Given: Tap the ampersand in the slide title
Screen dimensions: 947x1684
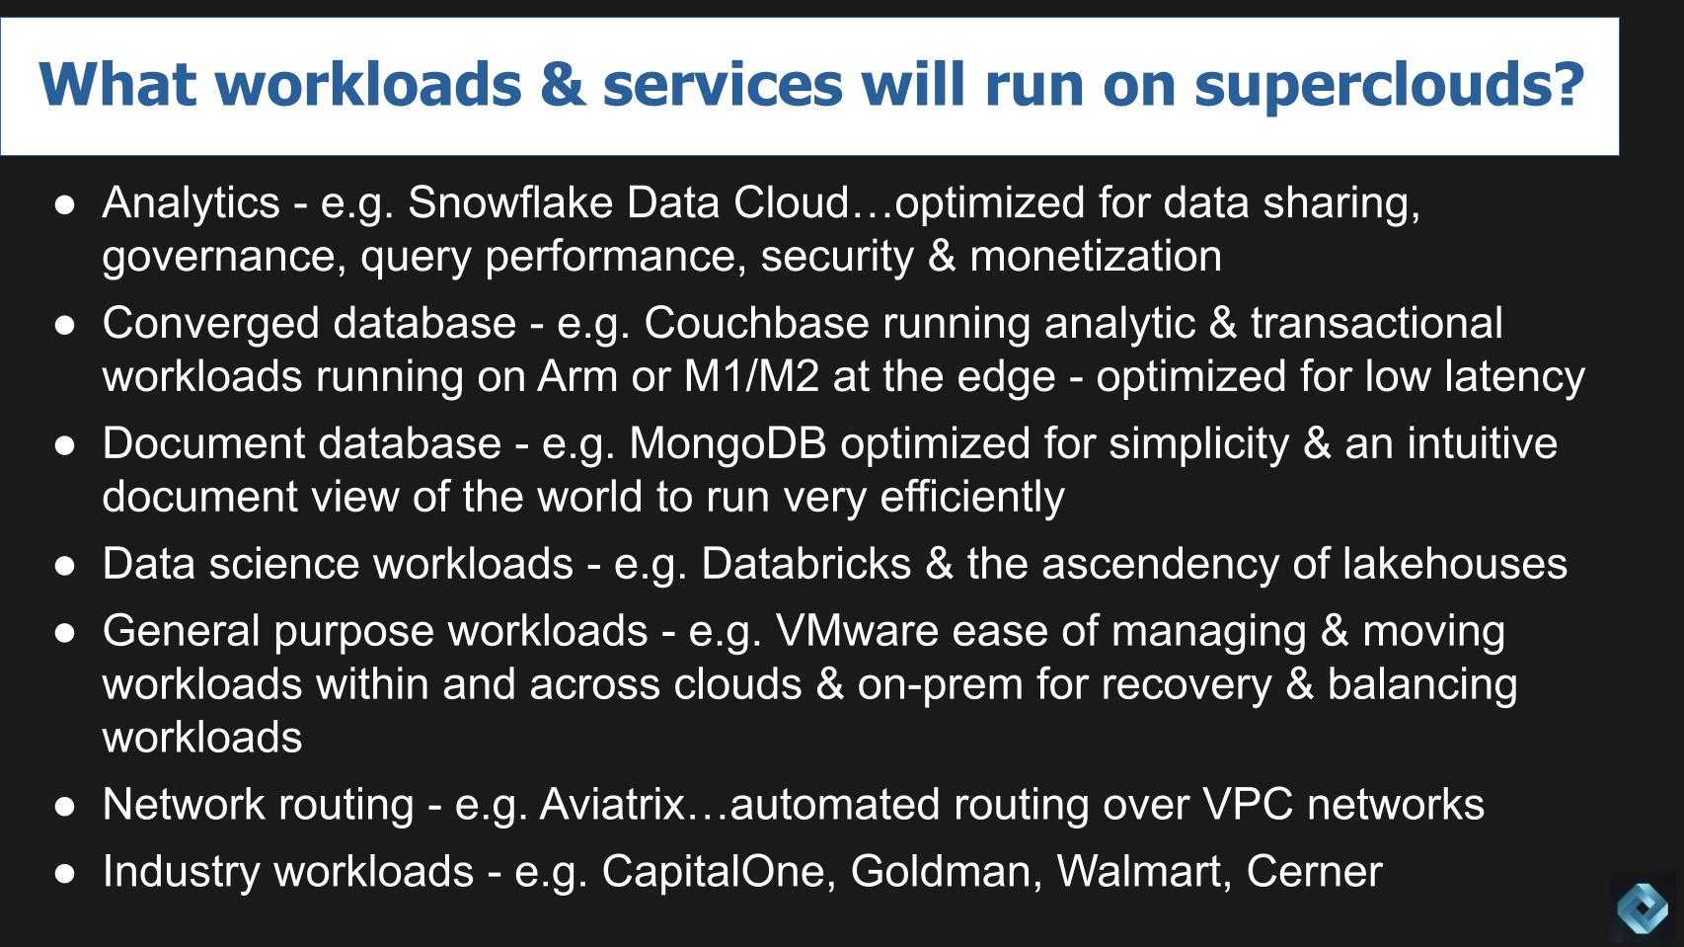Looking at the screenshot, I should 562,85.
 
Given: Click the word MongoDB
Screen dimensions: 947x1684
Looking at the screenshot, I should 727,443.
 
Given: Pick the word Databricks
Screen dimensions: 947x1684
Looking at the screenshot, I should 805,564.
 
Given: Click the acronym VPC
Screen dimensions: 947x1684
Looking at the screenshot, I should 1247,804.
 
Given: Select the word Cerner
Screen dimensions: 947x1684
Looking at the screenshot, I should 1314,871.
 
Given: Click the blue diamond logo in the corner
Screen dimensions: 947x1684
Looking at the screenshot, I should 1643,907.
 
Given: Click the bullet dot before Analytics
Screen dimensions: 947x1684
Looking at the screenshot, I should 65,204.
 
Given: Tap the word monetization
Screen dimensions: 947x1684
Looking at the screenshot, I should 1096,256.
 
